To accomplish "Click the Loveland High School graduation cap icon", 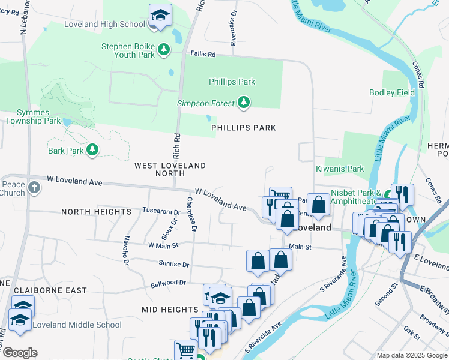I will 160,16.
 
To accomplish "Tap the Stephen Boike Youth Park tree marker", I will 163,50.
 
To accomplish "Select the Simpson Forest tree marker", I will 243,103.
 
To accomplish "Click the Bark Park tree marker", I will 92,150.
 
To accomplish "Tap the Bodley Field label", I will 392,92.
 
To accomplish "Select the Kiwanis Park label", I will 340,169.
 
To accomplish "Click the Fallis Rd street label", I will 203,54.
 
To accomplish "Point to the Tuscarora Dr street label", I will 161,211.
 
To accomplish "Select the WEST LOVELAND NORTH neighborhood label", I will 170,169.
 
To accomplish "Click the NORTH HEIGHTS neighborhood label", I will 96,212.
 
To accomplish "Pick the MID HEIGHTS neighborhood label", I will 170,309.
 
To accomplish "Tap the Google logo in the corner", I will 20,353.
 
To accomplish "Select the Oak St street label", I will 412,331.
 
